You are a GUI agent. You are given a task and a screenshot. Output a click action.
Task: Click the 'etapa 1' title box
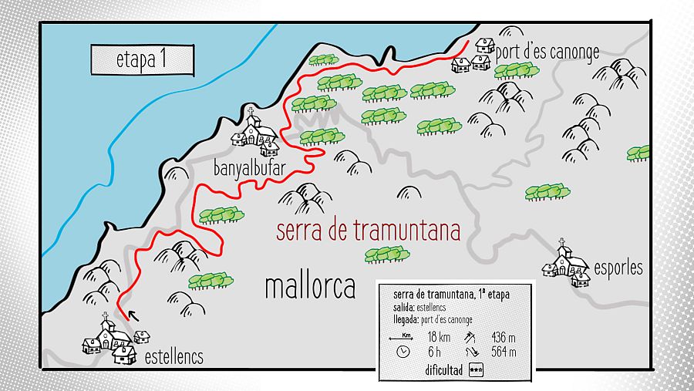[x=142, y=60]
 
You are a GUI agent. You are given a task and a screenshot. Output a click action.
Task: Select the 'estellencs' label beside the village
[x=173, y=356]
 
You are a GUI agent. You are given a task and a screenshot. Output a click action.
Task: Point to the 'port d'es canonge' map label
[x=547, y=52]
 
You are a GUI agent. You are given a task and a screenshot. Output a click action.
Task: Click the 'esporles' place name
[x=618, y=268]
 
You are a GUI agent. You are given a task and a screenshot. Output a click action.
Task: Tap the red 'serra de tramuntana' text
[x=368, y=231]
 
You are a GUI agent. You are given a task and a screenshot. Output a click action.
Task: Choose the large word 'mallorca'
[x=310, y=286]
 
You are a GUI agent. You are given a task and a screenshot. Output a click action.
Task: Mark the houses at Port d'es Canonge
[x=473, y=56]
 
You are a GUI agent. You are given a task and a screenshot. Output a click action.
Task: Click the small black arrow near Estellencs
[x=133, y=315]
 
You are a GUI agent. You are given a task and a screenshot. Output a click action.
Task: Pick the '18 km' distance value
[x=438, y=337]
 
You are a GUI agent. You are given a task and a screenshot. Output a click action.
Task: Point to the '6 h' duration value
[x=433, y=352]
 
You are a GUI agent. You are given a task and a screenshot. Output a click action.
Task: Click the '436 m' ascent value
[x=502, y=337]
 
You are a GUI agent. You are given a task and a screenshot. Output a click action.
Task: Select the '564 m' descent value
[x=502, y=352]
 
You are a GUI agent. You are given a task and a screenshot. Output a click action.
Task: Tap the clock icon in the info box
[x=402, y=352]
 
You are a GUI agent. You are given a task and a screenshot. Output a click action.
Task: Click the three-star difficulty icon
[x=477, y=370]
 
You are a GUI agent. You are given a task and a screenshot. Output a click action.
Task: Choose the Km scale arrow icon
[x=402, y=337]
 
